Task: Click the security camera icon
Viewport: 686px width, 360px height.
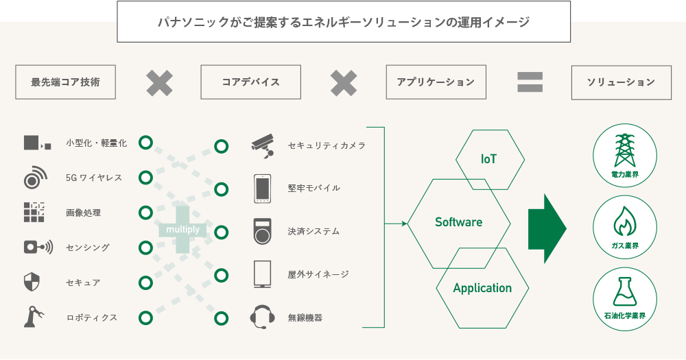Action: (x=261, y=145)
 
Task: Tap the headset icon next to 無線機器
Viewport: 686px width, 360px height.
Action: (x=262, y=317)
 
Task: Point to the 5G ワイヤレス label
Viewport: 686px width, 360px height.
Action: (x=94, y=178)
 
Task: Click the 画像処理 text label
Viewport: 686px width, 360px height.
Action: (x=83, y=213)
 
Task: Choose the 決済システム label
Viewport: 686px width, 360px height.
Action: (x=314, y=231)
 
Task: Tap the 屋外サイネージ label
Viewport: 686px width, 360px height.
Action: (x=318, y=274)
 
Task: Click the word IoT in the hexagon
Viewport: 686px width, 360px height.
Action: (x=488, y=159)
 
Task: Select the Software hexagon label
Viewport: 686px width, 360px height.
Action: (x=458, y=222)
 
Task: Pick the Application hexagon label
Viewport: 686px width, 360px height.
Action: (x=482, y=288)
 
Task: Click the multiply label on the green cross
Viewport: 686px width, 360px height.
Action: (x=183, y=230)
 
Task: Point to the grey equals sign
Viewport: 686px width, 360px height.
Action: (x=530, y=82)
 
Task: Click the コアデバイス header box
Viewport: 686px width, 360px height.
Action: (x=250, y=82)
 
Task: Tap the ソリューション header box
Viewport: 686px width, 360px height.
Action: (x=621, y=82)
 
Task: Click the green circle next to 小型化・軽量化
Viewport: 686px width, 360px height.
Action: (x=145, y=143)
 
